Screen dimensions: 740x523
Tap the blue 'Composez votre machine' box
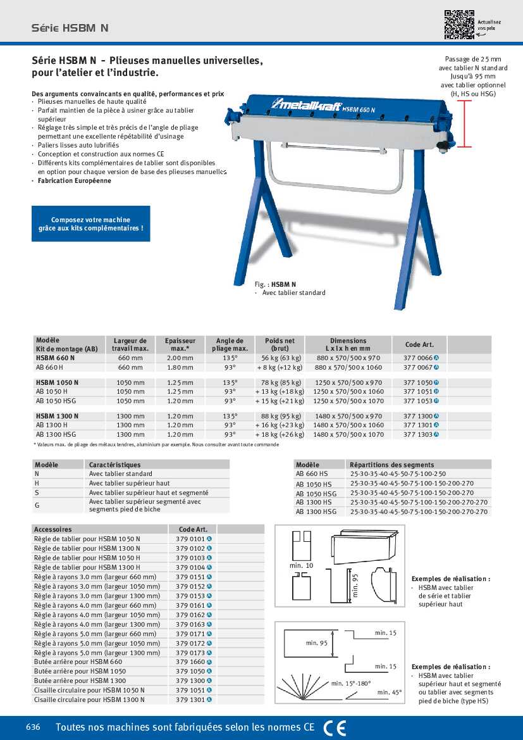pyautogui.click(x=91, y=223)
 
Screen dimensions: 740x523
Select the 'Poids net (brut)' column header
pyautogui.click(x=280, y=344)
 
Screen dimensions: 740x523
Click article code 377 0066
pyautogui.click(x=418, y=358)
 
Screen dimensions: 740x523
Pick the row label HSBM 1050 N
pyautogui.click(x=57, y=382)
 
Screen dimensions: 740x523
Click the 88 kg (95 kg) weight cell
pyautogui.click(x=280, y=416)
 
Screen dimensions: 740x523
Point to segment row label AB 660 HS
pyautogui.click(x=312, y=473)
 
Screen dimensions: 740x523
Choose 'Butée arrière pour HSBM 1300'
pyautogui.click(x=80, y=681)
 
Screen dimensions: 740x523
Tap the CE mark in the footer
pyautogui.click(x=335, y=728)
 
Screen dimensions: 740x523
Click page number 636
pyautogui.click(x=33, y=727)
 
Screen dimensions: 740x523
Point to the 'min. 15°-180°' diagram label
pyautogui.click(x=351, y=684)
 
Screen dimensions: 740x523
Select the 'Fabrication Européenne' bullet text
pyautogui.click(x=74, y=181)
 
